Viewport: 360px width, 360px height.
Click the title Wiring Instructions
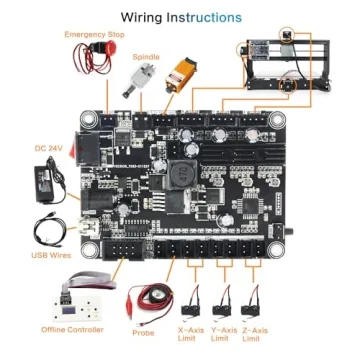(181, 17)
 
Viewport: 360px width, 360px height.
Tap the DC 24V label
(46, 148)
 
